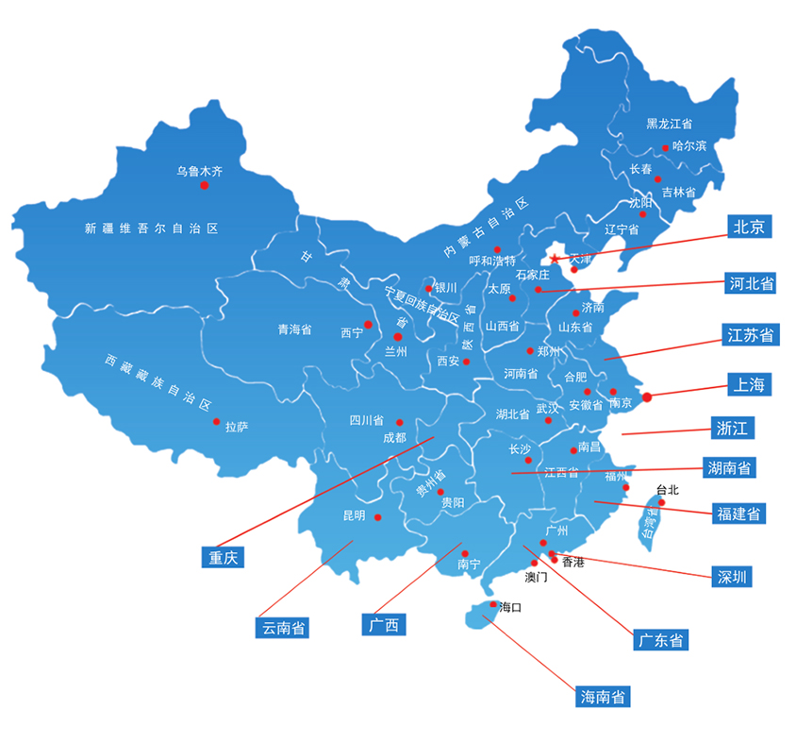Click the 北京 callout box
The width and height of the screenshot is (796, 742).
750,226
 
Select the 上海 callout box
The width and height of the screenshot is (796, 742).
750,383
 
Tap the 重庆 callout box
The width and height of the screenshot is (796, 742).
223,557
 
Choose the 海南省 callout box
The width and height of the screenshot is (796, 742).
603,698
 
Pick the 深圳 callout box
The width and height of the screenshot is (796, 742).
733,576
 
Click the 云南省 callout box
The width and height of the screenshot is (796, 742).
283,627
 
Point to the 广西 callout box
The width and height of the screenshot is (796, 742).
385,624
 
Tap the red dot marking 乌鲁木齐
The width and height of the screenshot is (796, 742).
204,186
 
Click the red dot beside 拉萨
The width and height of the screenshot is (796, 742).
216,422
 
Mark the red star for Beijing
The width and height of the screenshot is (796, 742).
555,259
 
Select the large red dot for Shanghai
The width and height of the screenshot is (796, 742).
647,397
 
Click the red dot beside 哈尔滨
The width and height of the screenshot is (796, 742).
665,147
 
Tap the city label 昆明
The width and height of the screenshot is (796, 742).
354,515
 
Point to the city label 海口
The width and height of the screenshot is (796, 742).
510,606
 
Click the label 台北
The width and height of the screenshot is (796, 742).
667,490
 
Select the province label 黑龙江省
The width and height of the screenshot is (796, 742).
669,124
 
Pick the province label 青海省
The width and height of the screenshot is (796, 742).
294,329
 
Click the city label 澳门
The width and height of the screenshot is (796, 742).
536,575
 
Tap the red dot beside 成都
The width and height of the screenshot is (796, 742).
399,423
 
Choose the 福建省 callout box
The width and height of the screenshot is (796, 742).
738,514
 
